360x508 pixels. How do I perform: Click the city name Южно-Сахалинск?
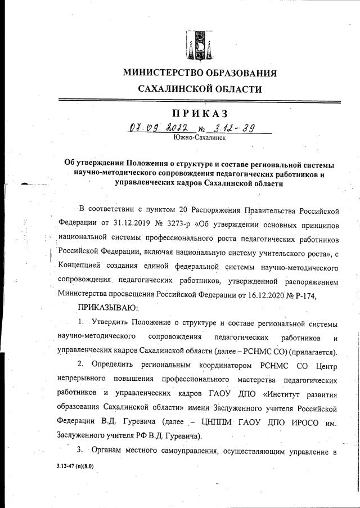[x=200, y=137]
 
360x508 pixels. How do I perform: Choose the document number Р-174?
[x=324, y=293]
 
